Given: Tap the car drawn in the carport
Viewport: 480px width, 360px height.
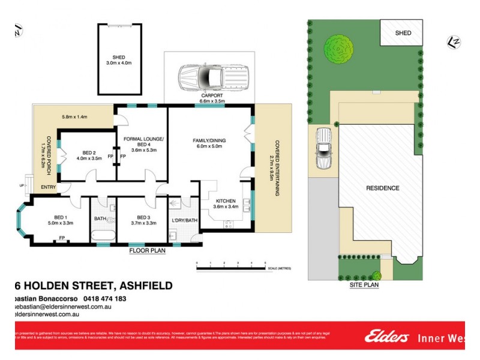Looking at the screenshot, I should (x=211, y=76).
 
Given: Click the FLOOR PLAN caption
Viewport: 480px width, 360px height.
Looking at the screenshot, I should (x=148, y=251).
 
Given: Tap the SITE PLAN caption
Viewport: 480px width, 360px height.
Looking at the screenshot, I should (x=364, y=286).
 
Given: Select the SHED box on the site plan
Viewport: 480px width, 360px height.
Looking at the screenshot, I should (x=403, y=32).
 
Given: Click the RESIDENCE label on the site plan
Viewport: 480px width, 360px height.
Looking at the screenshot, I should (x=382, y=188).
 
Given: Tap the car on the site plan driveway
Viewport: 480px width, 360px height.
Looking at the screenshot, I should (x=323, y=149).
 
